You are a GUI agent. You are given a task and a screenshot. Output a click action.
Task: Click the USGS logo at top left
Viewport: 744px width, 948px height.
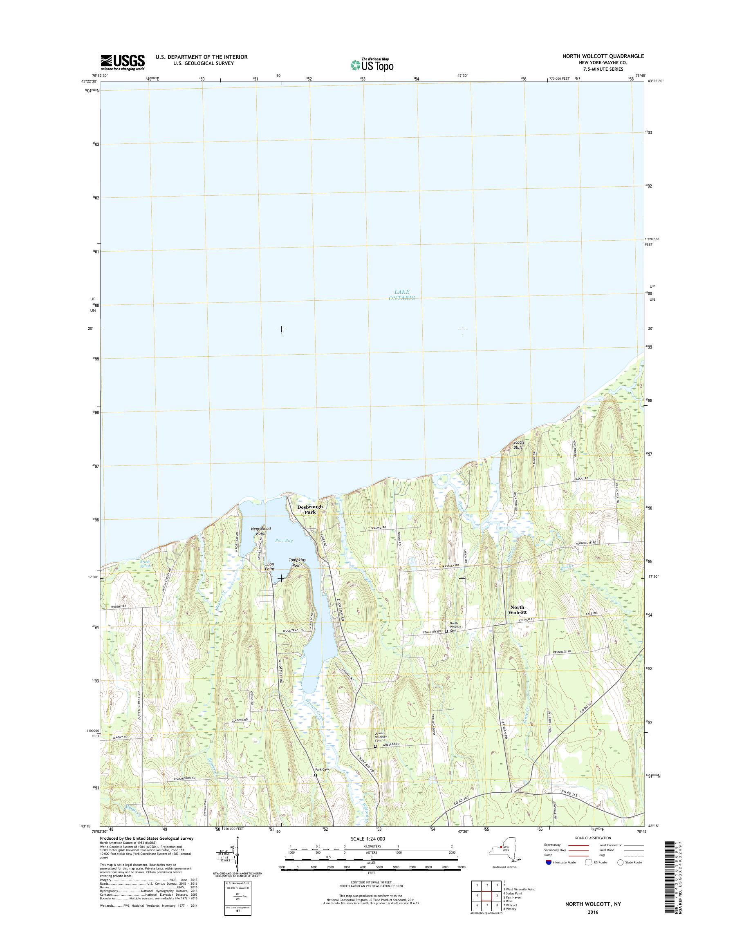(122, 62)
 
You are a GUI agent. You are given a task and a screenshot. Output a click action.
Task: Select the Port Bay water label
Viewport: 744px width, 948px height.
(284, 541)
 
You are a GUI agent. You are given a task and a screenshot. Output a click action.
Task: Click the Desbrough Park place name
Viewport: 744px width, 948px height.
(310, 510)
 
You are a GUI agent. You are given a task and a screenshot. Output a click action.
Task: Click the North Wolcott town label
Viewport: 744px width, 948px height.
(518, 610)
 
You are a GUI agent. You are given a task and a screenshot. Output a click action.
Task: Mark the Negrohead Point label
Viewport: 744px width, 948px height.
(260, 531)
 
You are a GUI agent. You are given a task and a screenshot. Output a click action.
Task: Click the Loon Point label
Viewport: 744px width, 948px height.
(270, 566)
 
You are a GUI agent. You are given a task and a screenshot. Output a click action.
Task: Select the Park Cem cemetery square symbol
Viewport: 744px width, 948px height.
(316, 775)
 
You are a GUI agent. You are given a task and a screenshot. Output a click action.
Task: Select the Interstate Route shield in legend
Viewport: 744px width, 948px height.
(548, 862)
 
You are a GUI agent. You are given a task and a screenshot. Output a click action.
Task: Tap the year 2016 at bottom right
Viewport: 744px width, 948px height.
(592, 909)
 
